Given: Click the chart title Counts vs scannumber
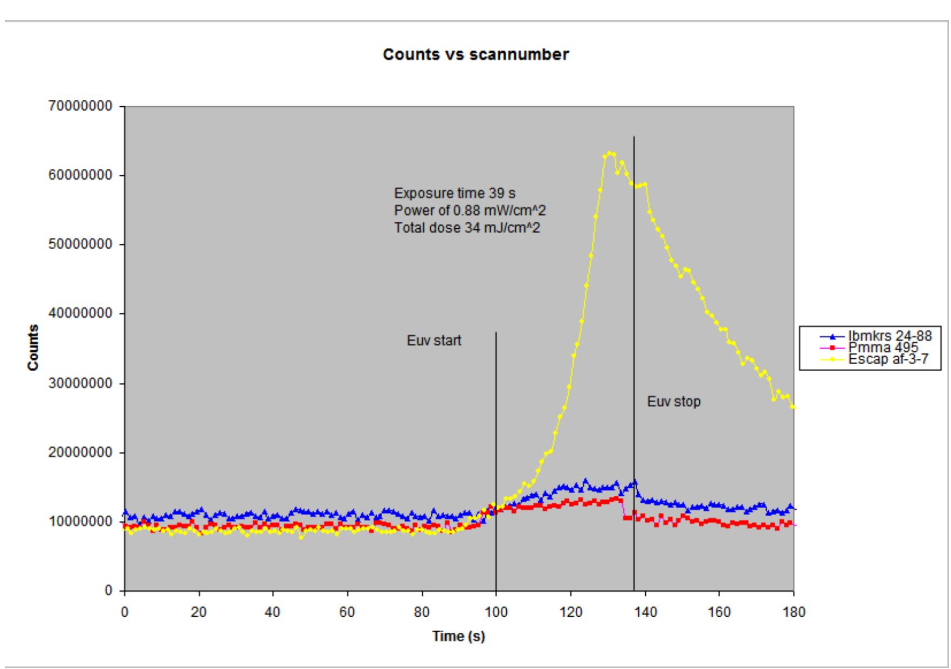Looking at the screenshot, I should click(x=475, y=54).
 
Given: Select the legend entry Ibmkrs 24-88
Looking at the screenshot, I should click(x=890, y=336).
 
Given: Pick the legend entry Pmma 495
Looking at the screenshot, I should click(x=883, y=347).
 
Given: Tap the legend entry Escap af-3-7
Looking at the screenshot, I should click(x=888, y=359).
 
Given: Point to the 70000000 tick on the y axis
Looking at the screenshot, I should click(x=79, y=106).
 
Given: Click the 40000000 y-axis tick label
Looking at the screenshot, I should click(x=79, y=313).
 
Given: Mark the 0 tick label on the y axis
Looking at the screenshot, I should click(x=108, y=591).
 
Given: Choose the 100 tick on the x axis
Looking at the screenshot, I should click(x=496, y=612).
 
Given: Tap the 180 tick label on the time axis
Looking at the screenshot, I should click(x=794, y=612).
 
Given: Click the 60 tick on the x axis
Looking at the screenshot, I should click(x=347, y=612).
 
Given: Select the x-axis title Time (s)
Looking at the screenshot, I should click(x=458, y=637).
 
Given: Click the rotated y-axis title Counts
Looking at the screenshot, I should click(x=33, y=347).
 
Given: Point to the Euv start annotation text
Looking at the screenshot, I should click(x=434, y=340).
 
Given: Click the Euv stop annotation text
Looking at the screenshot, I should click(x=674, y=401).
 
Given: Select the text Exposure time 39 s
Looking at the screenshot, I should click(x=454, y=193).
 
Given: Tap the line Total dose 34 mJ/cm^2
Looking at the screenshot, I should click(x=467, y=228).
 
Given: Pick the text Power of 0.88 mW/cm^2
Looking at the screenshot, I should click(x=470, y=210).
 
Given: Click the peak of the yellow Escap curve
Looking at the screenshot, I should click(x=609, y=153).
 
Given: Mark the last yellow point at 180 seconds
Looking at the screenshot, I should click(x=793, y=407).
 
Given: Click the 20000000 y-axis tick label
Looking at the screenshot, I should click(x=79, y=453).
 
